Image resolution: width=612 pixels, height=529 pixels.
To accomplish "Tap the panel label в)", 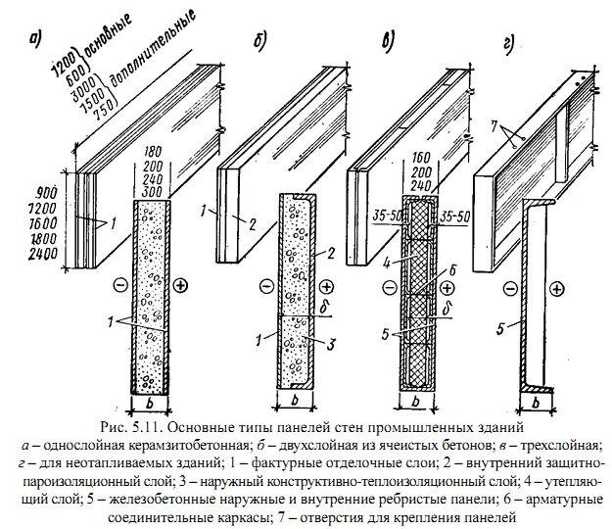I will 388,40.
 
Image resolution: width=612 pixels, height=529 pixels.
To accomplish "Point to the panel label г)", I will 509,44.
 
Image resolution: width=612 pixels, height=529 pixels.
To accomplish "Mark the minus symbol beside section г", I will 508,288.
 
